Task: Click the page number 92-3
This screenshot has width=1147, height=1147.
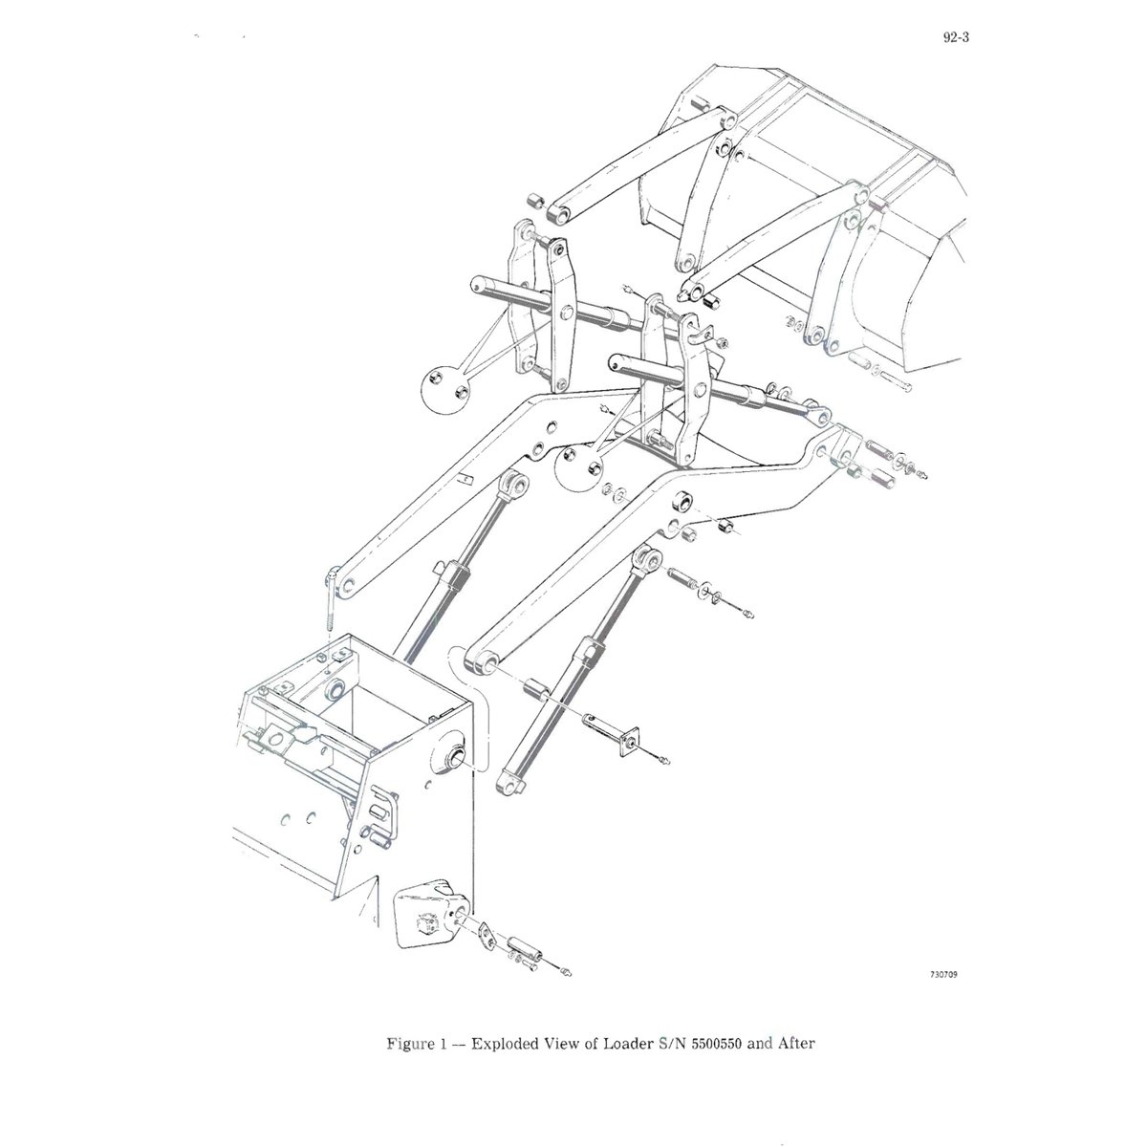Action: [956, 37]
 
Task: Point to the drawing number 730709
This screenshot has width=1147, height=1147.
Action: [944, 991]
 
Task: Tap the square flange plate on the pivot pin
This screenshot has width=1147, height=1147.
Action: [627, 741]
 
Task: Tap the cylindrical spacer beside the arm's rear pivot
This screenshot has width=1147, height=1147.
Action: [535, 690]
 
